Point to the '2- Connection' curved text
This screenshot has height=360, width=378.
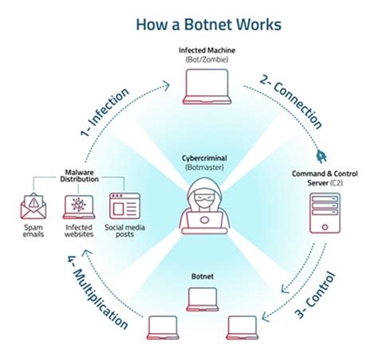[x=291, y=102]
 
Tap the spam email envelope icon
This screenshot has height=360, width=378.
[x=36, y=206]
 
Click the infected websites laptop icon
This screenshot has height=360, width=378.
[x=78, y=206]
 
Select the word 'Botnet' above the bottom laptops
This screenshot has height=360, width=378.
[x=201, y=276]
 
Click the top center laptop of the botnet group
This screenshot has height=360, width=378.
[x=201, y=297]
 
